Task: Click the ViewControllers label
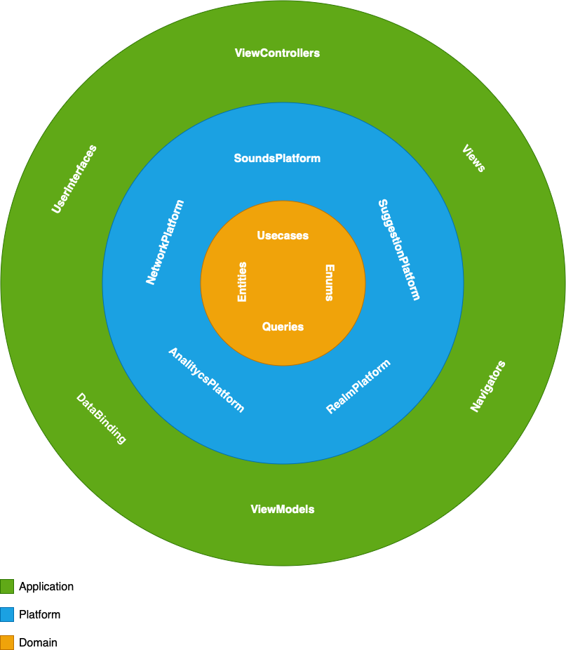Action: [277, 53]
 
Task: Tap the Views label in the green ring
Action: [473, 159]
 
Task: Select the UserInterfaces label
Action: [74, 178]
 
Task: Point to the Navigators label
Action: [488, 386]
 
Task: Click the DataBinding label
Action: [101, 419]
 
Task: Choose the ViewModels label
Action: [283, 510]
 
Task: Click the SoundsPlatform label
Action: [277, 159]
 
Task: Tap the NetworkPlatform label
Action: [165, 242]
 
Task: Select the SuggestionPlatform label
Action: [399, 250]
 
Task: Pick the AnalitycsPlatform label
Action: [206, 380]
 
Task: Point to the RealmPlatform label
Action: [358, 387]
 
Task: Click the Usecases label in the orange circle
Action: [283, 236]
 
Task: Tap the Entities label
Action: [242, 281]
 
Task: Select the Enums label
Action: [330, 282]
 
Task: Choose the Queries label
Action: [283, 326]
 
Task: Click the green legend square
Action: [7, 586]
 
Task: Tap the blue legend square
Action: [7, 614]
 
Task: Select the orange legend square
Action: [7, 642]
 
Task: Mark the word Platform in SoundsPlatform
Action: [297, 159]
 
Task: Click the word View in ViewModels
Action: [262, 510]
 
